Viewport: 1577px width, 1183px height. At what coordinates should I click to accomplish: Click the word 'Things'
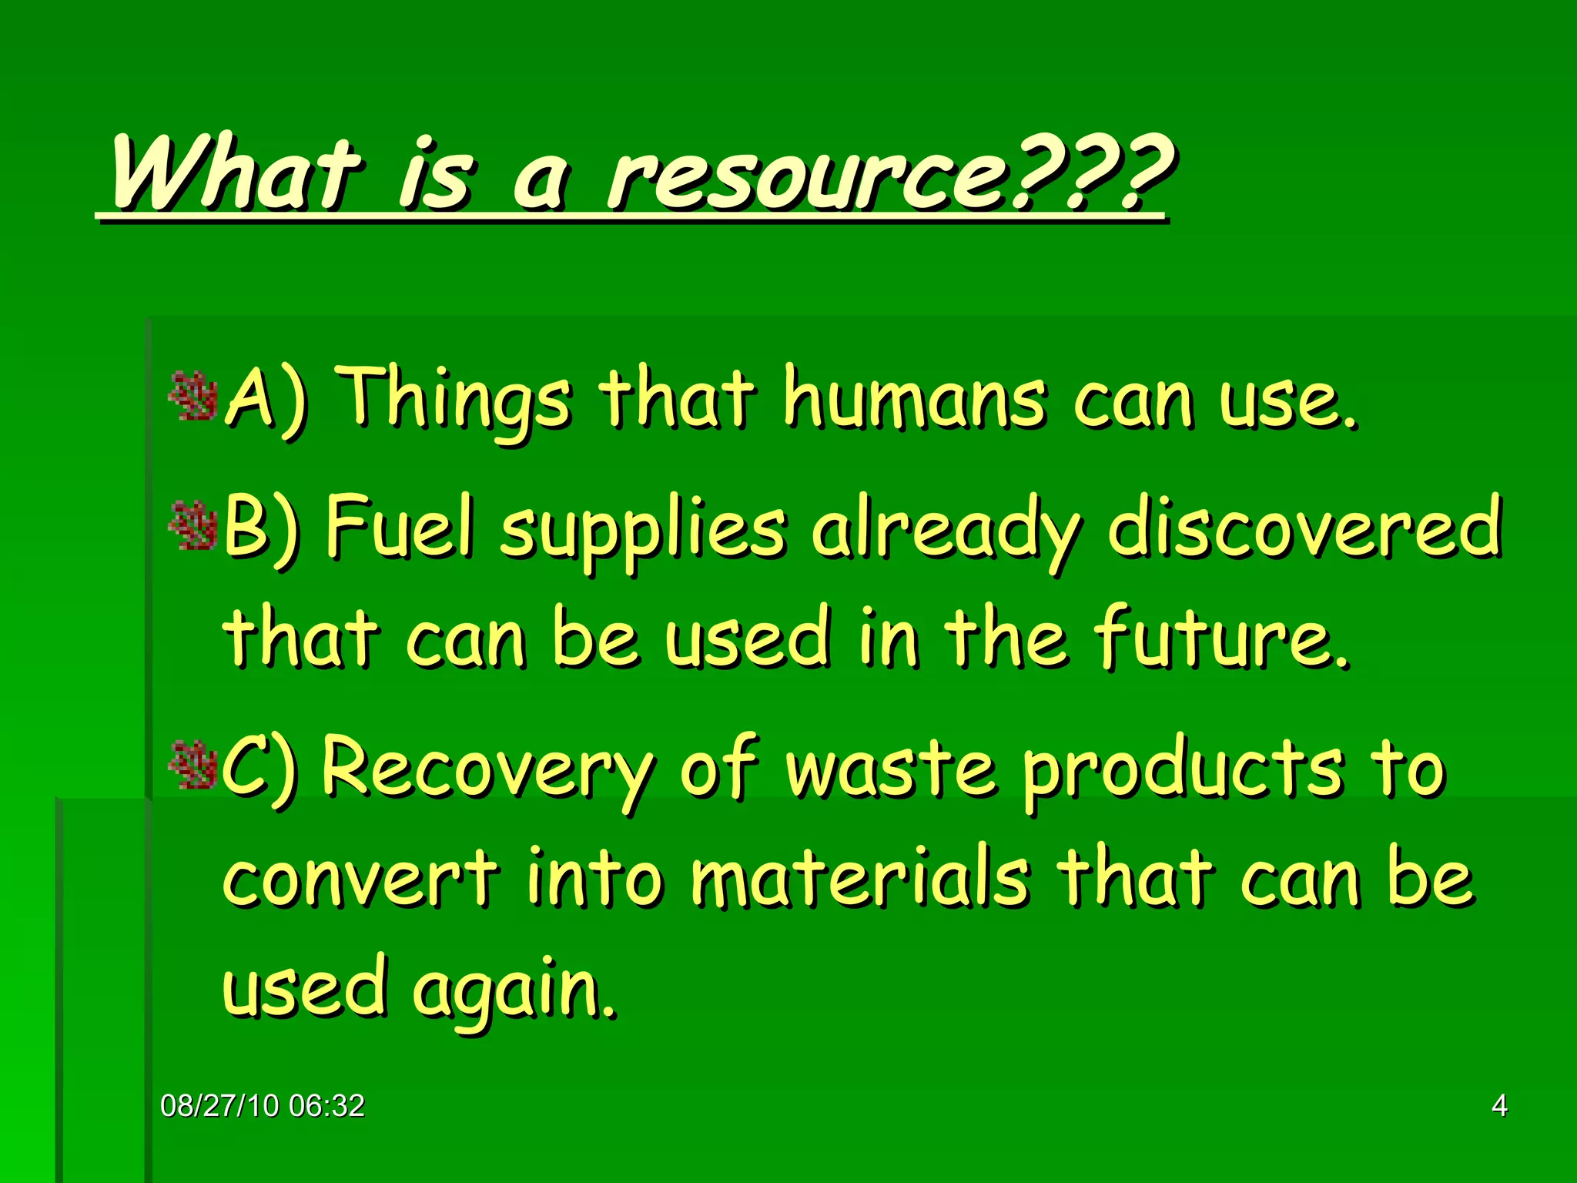(x=456, y=400)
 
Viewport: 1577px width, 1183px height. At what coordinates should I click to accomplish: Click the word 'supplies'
(x=644, y=531)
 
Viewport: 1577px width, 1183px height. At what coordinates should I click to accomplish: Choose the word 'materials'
(x=859, y=878)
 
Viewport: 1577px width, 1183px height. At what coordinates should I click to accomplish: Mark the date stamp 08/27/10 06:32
(x=263, y=1106)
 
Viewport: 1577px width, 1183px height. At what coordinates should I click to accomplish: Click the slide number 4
(x=1499, y=1106)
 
